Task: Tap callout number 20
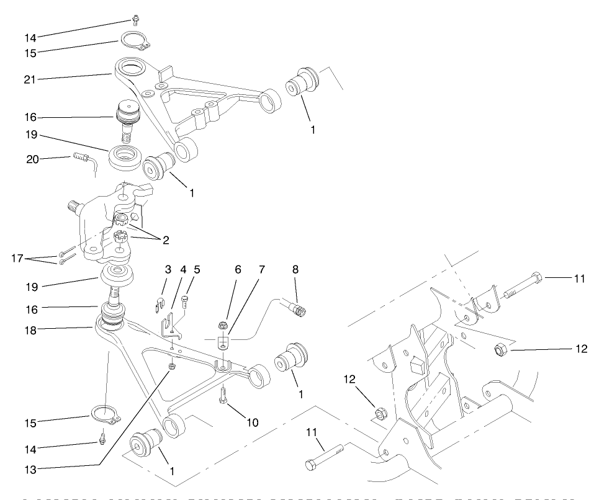click(32, 159)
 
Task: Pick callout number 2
click(166, 238)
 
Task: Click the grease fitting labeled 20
click(80, 156)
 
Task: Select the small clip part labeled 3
click(158, 304)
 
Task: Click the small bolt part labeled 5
click(184, 302)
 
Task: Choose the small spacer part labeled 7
click(222, 343)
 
